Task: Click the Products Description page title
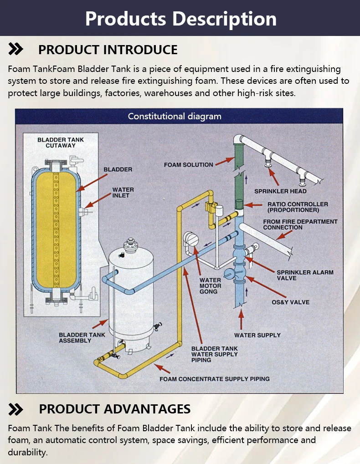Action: pos(180,19)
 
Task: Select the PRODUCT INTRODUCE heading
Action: pos(108,50)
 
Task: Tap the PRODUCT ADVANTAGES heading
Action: pos(114,408)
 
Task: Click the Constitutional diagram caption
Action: pos(175,116)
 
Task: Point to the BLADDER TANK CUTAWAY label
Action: pos(61,143)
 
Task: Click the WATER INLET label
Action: pos(123,192)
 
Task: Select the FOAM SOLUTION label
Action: pos(188,164)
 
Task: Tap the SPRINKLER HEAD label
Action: pos(280,191)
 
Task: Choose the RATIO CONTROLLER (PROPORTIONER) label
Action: pos(297,207)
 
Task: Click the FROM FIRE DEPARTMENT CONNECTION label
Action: pos(300,224)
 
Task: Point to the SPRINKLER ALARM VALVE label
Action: pos(305,275)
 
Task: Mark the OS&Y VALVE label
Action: pos(290,302)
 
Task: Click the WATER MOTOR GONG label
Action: pos(210,286)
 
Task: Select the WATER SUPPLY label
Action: pos(257,335)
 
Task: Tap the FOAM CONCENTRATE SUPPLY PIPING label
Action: pos(214,379)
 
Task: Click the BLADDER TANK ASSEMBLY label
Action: pos(82,337)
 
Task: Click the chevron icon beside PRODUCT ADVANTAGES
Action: pos(16,409)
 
